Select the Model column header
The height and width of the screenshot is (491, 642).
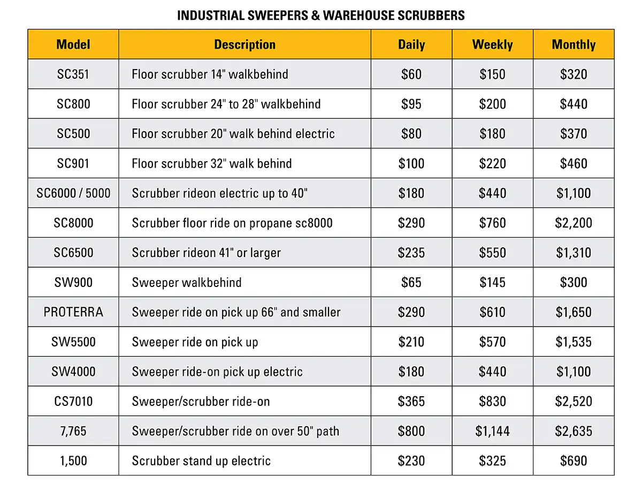point(73,44)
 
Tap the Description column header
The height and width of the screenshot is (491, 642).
point(244,44)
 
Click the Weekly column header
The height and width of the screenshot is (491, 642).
point(492,44)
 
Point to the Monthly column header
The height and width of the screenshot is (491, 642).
point(574,44)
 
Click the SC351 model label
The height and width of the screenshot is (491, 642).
point(73,74)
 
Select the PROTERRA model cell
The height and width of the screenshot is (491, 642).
point(73,312)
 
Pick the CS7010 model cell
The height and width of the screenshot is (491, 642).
point(73,401)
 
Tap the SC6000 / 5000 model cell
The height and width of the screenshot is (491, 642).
point(73,193)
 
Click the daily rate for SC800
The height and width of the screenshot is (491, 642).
point(411,104)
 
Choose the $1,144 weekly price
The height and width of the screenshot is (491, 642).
point(492,431)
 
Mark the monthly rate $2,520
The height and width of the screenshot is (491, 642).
point(574,401)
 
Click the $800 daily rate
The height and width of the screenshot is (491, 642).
point(411,431)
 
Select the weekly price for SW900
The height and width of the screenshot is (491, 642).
point(492,282)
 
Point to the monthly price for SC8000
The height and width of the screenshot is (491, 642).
point(574,223)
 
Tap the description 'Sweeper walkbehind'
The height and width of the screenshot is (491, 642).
point(187,282)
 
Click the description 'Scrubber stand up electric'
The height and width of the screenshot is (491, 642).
point(201,461)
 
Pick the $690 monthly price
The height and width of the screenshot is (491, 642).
point(574,461)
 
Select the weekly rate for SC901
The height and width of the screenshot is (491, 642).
point(492,163)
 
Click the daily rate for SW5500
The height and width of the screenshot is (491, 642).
point(411,342)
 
